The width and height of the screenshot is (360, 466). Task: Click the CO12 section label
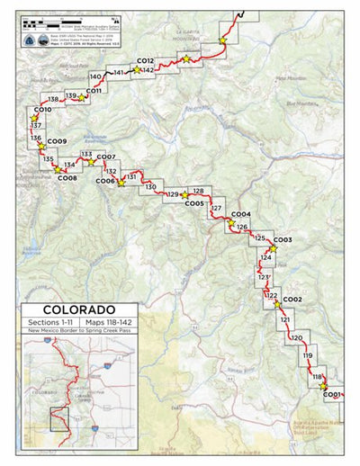146,60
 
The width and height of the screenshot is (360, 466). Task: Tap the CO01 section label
332,394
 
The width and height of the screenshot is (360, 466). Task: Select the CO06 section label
105,181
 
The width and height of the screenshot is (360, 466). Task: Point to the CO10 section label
42,110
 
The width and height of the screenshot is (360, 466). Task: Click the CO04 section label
241,214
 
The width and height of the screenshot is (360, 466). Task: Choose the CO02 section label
292,299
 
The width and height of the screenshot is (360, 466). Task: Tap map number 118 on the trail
317,377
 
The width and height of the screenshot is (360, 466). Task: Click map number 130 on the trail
150,186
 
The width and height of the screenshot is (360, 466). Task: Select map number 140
95,76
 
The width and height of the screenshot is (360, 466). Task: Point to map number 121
285,319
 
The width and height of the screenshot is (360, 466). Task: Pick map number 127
216,208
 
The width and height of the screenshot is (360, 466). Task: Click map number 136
36,139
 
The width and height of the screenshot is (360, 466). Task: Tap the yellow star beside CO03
272,246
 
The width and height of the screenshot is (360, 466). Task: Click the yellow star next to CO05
184,194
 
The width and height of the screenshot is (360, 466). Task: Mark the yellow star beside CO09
40,148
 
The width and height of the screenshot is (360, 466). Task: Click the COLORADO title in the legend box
78,309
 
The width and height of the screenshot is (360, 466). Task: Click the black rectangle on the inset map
60,417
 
